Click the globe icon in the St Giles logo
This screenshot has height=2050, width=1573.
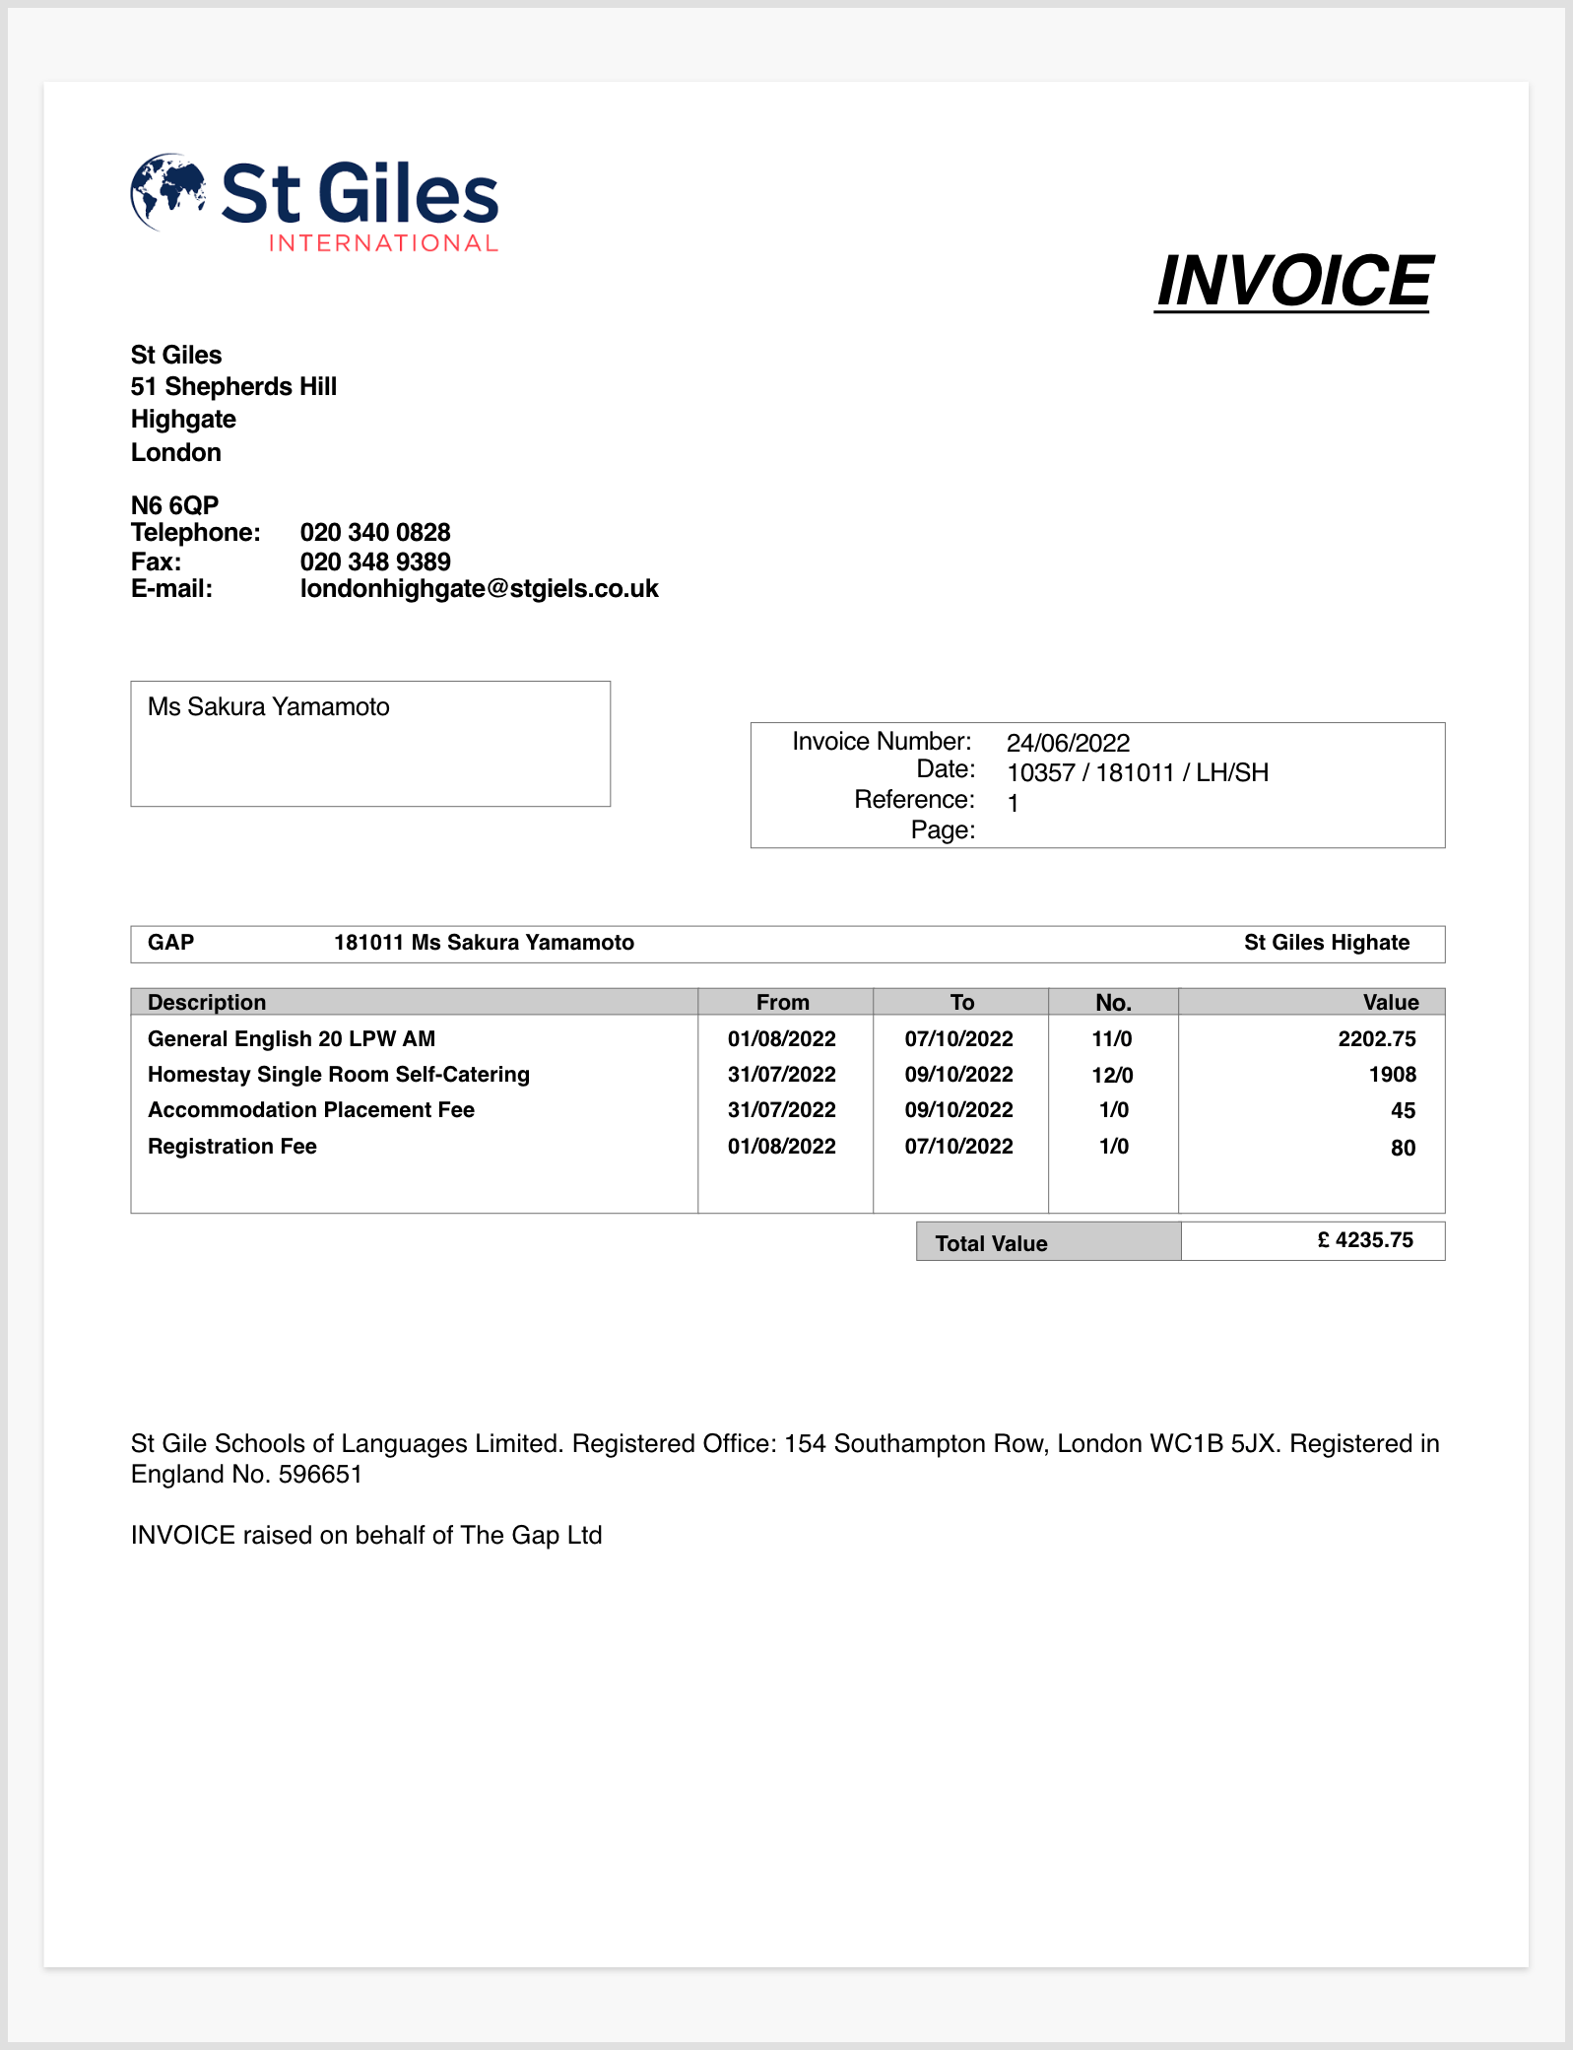(x=167, y=191)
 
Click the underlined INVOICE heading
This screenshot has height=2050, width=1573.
(x=1293, y=282)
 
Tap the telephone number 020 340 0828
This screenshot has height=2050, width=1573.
(x=375, y=533)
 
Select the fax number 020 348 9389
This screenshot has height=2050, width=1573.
(x=375, y=562)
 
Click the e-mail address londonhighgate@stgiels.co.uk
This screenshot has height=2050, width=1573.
(x=479, y=589)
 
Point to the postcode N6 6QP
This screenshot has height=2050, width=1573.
(x=174, y=505)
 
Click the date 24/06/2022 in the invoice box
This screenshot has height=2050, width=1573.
(x=1068, y=743)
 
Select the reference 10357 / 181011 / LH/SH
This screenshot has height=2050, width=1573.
(x=1137, y=772)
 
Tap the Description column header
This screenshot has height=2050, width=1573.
(x=207, y=1002)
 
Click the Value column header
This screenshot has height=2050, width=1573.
(x=1390, y=1002)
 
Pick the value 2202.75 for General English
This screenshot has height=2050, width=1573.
(x=1376, y=1039)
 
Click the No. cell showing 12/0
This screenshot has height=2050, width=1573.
(x=1112, y=1075)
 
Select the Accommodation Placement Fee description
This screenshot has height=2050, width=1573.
(x=311, y=1110)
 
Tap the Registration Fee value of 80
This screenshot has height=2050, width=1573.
(x=1403, y=1148)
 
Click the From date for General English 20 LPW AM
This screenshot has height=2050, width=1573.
(x=781, y=1039)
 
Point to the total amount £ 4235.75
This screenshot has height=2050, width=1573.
(x=1365, y=1240)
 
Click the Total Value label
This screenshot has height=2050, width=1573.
(x=991, y=1243)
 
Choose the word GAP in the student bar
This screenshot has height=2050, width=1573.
(x=170, y=943)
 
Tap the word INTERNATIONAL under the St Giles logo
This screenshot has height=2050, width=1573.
(x=383, y=243)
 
